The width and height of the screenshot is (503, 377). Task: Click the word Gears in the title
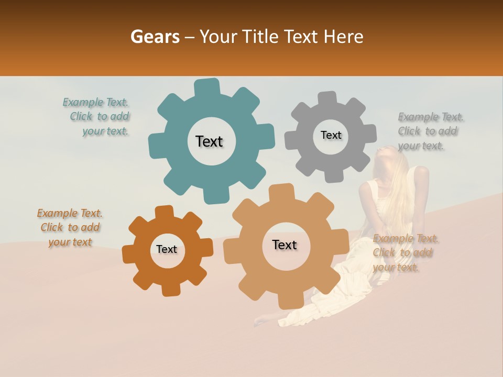155,37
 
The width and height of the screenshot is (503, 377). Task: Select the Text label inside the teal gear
209,141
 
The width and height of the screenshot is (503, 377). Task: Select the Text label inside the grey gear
331,135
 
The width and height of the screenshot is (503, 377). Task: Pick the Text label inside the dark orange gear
167,249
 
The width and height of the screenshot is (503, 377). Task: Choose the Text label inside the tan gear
285,245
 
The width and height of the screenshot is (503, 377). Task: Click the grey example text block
430,131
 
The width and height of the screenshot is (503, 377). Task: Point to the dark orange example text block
70,227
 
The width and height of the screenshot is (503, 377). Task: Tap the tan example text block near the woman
404,253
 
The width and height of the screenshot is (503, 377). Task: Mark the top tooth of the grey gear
327,98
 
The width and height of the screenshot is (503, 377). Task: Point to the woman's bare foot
260,321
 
